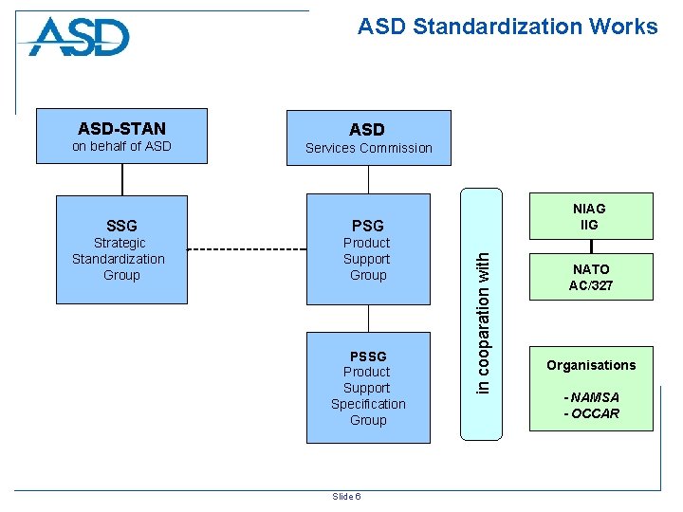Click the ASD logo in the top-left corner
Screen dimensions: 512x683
tap(80, 38)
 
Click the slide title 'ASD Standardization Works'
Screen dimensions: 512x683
tap(507, 27)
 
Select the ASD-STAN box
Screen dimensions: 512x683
tap(121, 137)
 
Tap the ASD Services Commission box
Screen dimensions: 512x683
tap(367, 137)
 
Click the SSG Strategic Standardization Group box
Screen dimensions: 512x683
tap(121, 249)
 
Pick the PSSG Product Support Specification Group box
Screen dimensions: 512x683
tap(367, 388)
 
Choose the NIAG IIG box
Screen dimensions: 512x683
tap(589, 216)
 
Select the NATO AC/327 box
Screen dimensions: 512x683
tap(589, 277)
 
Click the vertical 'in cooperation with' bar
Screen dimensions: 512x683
tap(483, 313)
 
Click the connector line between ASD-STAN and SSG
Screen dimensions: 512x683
tap(121, 179)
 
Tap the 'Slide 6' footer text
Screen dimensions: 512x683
tap(345, 496)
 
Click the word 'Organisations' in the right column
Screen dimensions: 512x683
tap(590, 365)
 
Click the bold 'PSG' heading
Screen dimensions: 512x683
tap(367, 226)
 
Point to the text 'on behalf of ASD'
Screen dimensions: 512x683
tap(121, 146)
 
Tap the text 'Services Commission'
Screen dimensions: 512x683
tap(368, 148)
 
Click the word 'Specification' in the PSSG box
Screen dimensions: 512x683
tap(368, 404)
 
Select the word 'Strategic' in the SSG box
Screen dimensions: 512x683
tap(120, 243)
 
